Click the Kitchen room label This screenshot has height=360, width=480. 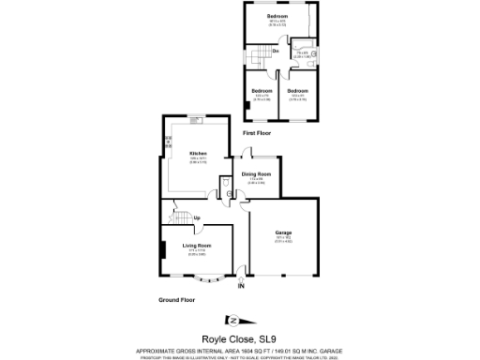(x=198, y=153)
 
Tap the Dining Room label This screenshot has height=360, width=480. (x=257, y=174)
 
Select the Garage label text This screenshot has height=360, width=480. (x=283, y=232)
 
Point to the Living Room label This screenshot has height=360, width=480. (x=197, y=246)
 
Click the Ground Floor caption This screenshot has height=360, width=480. (x=175, y=300)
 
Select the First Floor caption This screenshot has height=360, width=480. (x=257, y=134)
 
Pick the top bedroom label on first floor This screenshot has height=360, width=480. (x=276, y=17)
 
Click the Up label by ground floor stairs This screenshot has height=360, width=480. (x=196, y=218)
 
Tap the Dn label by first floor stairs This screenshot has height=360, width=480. (x=276, y=51)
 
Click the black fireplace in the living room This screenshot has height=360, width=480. (x=163, y=250)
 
